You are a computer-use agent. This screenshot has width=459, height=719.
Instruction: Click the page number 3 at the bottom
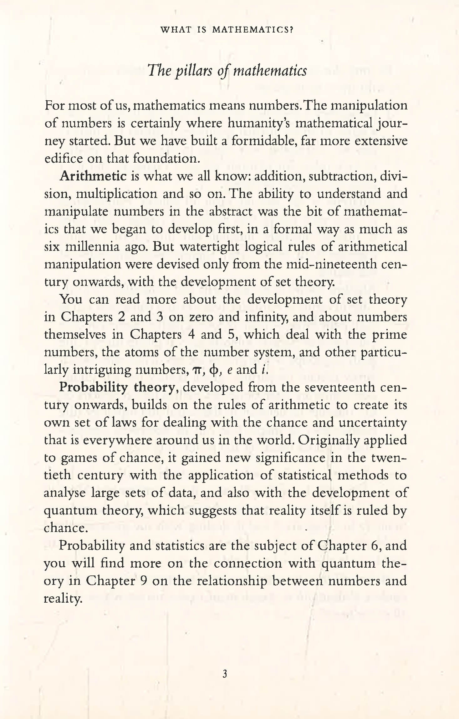coord(224,674)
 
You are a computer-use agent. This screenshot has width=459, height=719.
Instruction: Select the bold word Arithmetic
coord(93,177)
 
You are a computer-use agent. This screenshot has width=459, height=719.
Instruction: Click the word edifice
coord(63,159)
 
